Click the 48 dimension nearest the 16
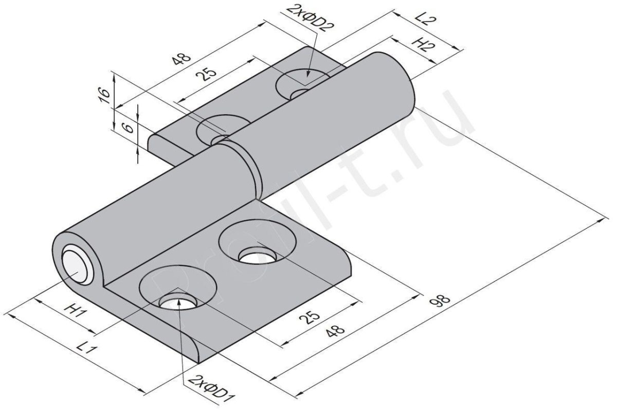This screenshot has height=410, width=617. coord(181,59)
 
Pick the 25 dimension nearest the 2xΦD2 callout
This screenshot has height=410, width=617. coord(207,74)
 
